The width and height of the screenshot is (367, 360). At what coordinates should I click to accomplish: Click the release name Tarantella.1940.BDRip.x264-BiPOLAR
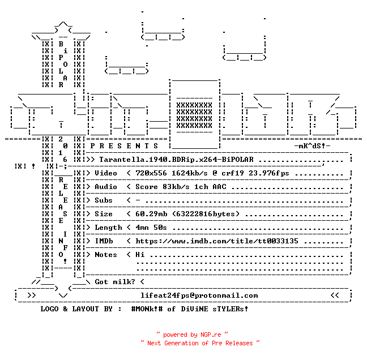[176, 160]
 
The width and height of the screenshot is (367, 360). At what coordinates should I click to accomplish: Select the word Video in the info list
[106, 173]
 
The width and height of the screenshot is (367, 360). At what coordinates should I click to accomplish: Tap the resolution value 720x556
[151, 173]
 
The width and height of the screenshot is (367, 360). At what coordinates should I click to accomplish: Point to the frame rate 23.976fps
[268, 173]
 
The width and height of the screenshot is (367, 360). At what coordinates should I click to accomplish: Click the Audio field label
[106, 187]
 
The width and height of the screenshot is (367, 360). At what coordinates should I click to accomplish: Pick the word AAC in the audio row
[220, 187]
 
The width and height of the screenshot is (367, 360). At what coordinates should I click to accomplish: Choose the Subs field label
[104, 200]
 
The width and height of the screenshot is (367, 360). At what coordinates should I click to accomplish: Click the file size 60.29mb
[151, 214]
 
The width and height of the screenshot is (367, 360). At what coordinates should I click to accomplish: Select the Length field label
[108, 228]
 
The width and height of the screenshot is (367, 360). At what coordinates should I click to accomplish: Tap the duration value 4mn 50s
[151, 228]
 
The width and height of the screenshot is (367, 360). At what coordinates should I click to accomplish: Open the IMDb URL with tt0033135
[217, 241]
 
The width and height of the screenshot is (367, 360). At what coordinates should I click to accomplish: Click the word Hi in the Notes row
[140, 255]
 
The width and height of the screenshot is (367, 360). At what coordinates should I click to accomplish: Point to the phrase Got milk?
[115, 282]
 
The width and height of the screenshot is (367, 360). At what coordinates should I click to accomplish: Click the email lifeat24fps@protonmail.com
[199, 295]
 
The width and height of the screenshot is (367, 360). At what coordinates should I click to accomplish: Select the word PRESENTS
[124, 146]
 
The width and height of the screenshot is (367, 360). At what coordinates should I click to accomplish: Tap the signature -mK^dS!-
[312, 146]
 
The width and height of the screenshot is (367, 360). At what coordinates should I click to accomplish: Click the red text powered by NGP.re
[192, 335]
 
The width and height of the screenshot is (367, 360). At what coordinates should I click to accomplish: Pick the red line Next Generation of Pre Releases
[200, 343]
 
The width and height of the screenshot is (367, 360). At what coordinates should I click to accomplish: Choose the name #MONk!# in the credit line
[147, 309]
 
